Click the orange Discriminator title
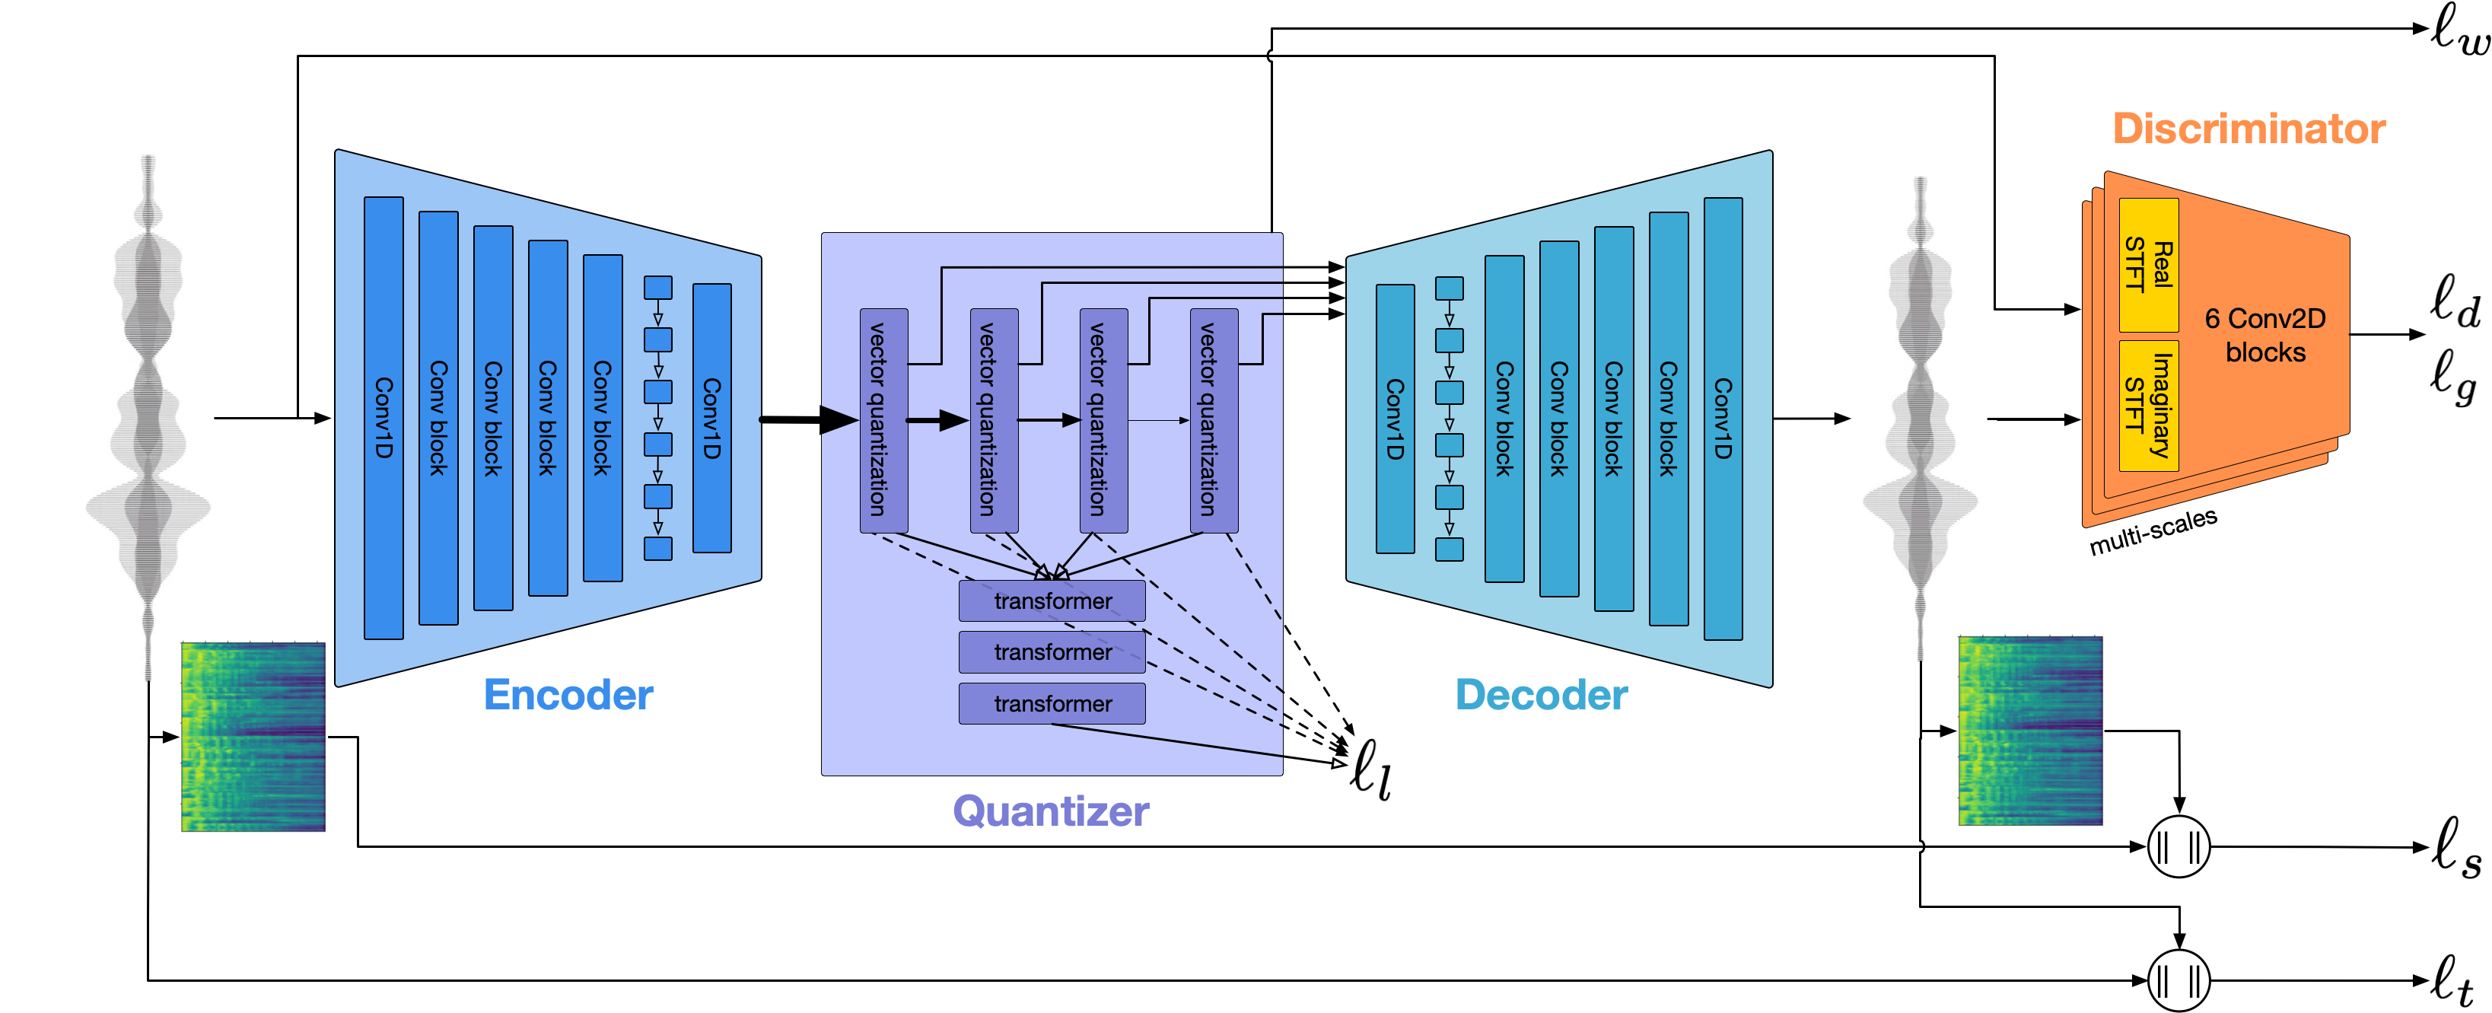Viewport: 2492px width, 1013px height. [2249, 129]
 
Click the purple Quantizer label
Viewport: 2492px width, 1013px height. [1051, 811]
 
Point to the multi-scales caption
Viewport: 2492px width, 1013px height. [2153, 531]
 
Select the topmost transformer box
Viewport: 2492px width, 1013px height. [1052, 600]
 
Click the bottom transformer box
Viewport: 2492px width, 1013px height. [1052, 703]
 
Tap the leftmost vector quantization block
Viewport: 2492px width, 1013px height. [883, 420]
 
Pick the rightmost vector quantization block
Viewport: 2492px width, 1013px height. [1213, 420]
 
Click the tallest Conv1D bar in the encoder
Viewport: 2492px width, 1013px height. [383, 418]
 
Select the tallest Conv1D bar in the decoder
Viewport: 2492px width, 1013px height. [1722, 418]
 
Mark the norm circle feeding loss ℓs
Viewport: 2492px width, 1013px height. [2179, 846]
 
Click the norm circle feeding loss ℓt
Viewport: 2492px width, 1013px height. [2179, 980]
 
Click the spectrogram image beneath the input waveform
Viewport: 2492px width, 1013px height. [253, 736]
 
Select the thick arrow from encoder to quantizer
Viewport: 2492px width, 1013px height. [808, 419]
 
